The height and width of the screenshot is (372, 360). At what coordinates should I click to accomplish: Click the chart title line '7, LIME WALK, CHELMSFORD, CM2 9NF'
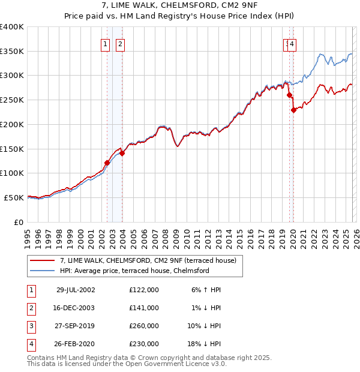coord(179,7)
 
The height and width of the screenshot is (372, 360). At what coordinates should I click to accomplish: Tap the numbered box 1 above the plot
coord(105,44)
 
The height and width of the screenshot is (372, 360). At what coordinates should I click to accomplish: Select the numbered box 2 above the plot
coord(120,44)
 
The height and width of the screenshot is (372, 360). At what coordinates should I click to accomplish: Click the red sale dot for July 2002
coord(107,162)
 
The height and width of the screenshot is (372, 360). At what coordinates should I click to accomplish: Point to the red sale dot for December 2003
coord(122,153)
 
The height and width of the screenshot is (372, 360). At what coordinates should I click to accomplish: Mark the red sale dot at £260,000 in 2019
coord(289,95)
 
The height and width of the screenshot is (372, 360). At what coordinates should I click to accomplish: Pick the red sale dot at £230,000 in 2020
coord(293,110)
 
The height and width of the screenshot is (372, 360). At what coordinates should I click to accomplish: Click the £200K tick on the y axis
coord(12,124)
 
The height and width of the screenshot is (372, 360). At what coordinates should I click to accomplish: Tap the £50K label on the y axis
coord(14,197)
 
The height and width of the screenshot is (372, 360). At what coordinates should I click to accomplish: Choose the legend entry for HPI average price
coord(134,271)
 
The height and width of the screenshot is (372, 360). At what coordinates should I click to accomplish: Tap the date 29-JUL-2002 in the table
coord(76,290)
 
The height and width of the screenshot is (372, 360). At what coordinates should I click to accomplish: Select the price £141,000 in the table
coord(144,308)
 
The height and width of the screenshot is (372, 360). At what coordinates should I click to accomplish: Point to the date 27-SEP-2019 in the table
coord(76,326)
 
